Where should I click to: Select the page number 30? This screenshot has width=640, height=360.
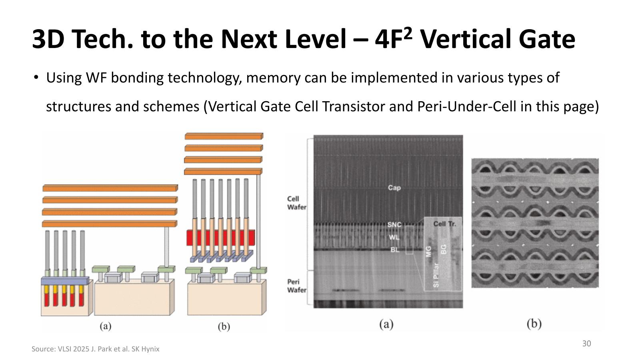click(x=586, y=344)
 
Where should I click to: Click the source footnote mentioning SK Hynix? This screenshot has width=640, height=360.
click(x=96, y=349)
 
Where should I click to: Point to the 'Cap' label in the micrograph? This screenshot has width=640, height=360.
click(x=394, y=188)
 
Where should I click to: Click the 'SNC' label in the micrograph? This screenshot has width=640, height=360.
click(x=394, y=224)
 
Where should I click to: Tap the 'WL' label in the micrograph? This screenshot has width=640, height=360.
click(x=394, y=237)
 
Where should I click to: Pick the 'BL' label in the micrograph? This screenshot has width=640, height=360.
click(x=395, y=250)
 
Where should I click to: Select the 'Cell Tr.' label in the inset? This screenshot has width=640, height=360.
click(x=444, y=224)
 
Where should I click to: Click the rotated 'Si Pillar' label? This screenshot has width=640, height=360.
click(x=436, y=275)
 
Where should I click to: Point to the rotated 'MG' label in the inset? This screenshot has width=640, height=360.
click(x=428, y=251)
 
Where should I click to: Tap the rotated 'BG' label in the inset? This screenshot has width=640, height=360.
click(x=443, y=249)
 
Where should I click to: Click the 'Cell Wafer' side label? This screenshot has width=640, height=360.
click(x=296, y=203)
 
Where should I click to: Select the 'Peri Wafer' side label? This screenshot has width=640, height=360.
click(x=296, y=286)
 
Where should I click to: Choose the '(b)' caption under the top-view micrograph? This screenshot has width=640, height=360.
click(x=534, y=324)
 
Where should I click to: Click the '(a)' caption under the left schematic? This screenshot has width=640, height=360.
click(x=105, y=326)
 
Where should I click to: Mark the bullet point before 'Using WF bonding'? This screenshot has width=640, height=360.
click(x=36, y=77)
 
